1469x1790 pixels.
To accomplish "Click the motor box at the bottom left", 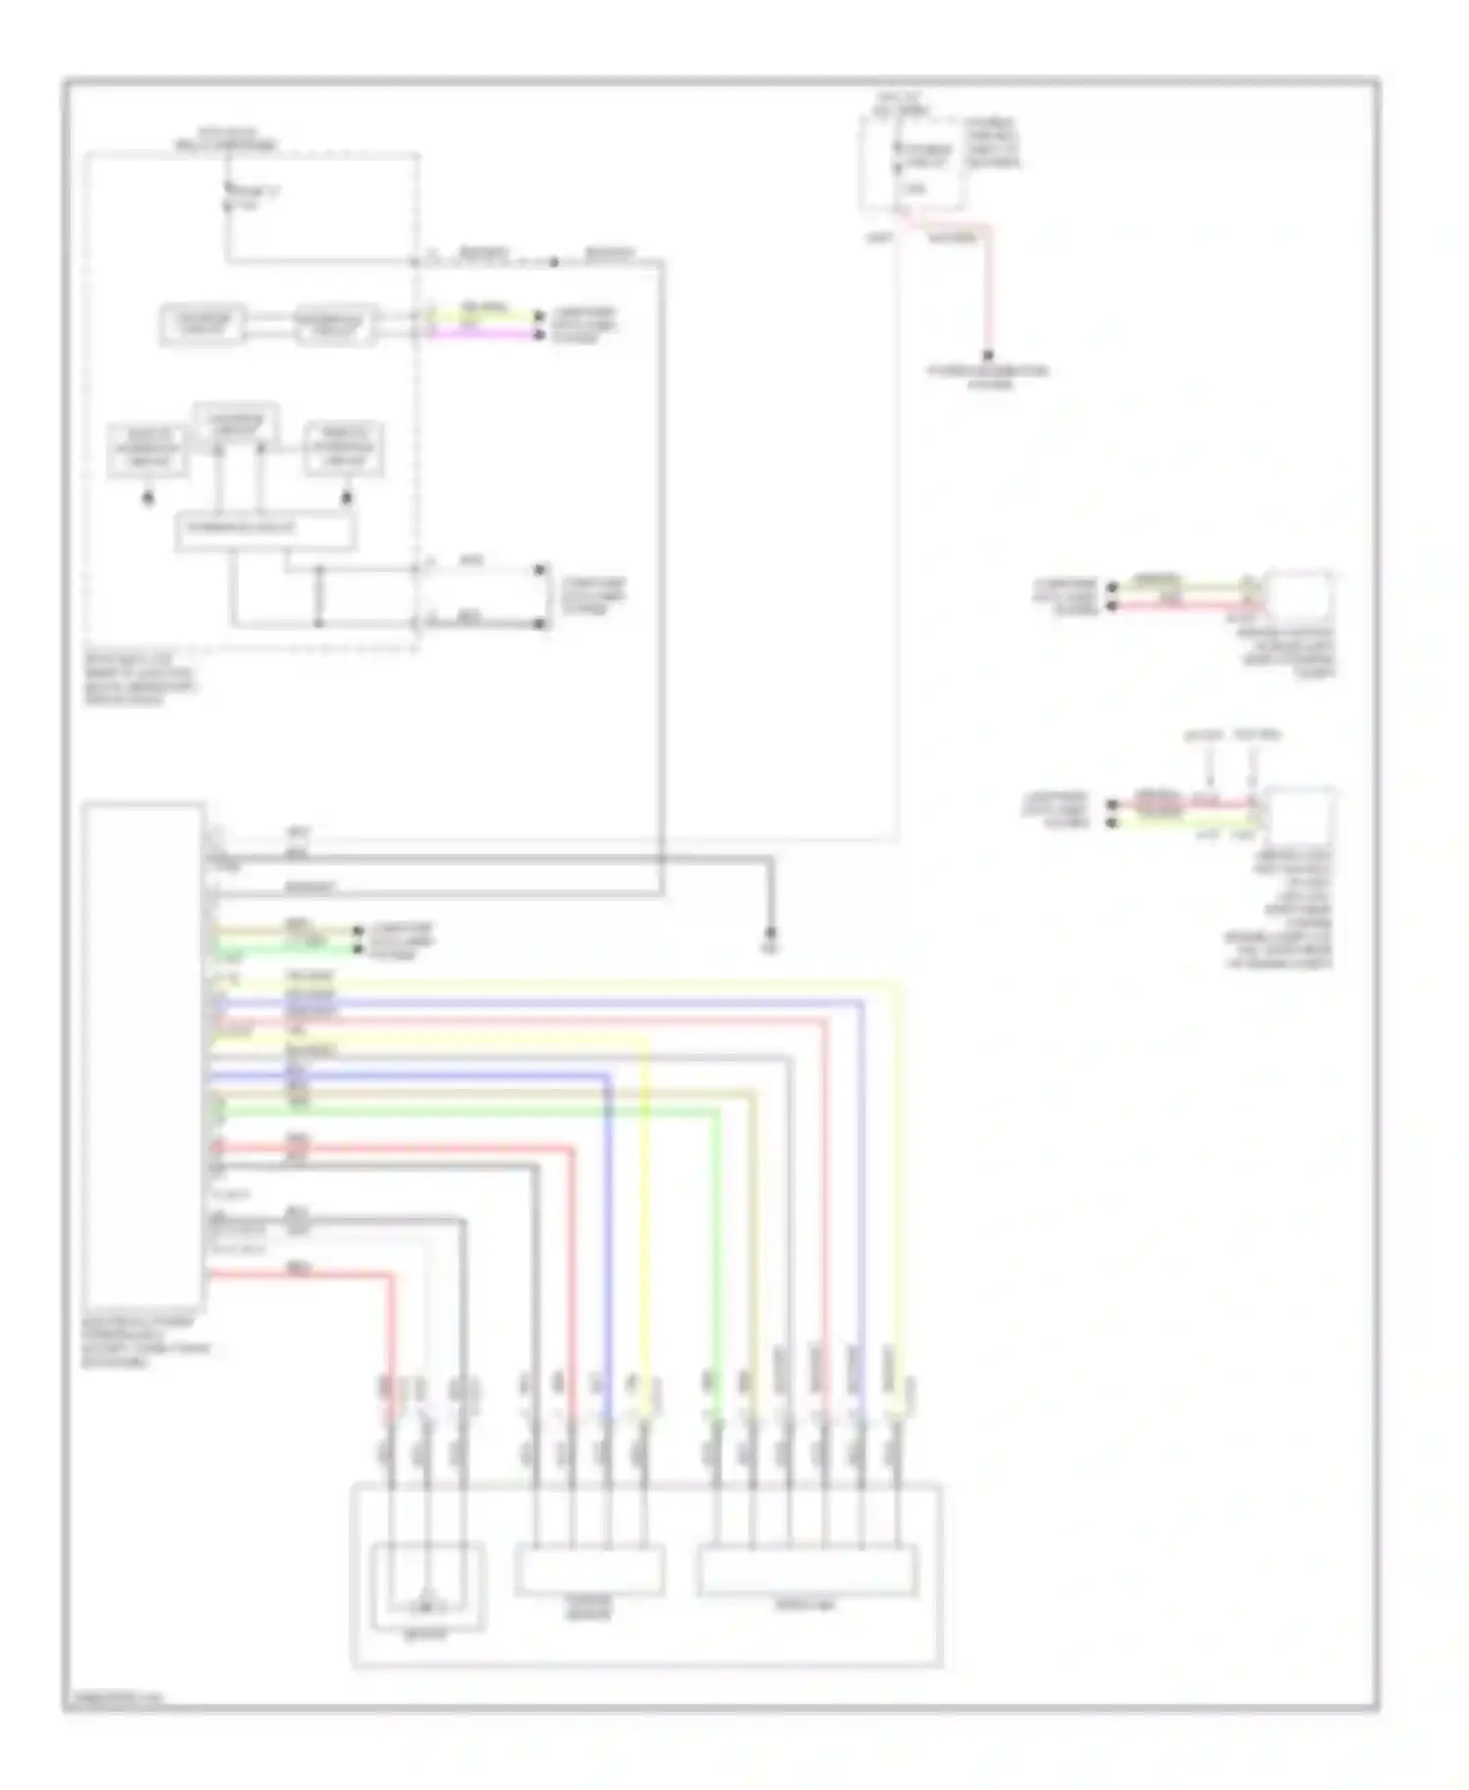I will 428,1587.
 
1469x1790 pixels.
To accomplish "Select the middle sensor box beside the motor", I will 589,1570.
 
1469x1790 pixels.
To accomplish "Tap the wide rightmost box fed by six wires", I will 806,1570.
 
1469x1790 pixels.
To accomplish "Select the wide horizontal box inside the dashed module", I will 265,530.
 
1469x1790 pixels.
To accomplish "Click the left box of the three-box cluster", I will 148,449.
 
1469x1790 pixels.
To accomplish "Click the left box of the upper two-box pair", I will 202,324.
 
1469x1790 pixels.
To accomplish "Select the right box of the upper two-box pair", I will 335,324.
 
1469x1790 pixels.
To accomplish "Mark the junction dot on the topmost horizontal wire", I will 553,261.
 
